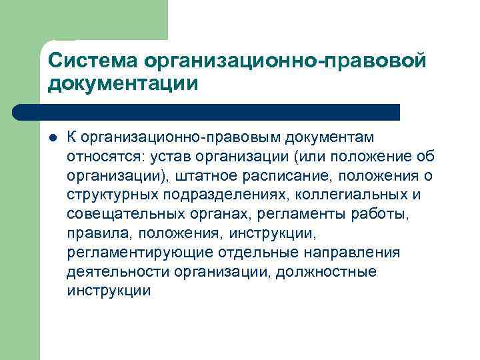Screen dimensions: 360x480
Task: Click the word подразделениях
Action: tap(206, 195)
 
